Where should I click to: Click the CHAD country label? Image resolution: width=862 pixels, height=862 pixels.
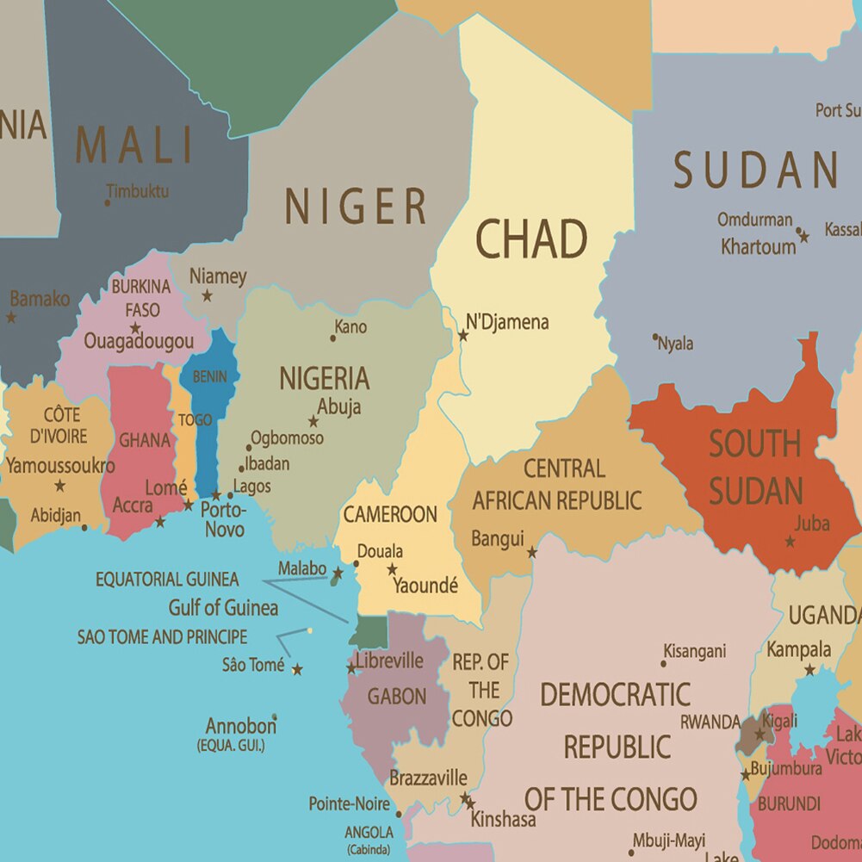click(x=531, y=239)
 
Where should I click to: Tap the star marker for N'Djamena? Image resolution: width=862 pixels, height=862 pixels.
click(x=462, y=335)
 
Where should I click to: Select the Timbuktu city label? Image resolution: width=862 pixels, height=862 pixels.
click(x=138, y=191)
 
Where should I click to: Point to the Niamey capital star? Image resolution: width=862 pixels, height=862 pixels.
click(x=207, y=296)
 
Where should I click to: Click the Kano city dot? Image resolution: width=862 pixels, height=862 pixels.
click(x=333, y=338)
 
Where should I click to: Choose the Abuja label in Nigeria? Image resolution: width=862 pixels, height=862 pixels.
click(x=338, y=406)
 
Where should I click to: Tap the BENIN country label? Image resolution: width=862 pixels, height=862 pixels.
click(x=210, y=377)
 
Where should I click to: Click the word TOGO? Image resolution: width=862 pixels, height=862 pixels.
click(x=195, y=420)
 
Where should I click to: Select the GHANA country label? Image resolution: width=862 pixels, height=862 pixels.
click(x=144, y=440)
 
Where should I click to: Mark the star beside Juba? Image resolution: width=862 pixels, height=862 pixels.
click(x=790, y=542)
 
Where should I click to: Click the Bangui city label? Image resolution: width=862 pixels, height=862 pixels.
click(x=497, y=539)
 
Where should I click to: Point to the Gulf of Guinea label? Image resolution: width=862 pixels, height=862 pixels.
click(x=223, y=608)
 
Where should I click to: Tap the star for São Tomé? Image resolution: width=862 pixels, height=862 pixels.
click(x=297, y=669)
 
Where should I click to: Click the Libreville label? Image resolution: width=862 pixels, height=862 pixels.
click(x=389, y=660)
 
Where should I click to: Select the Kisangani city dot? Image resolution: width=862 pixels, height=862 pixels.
click(x=664, y=663)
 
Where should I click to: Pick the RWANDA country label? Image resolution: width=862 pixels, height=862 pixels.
click(x=710, y=722)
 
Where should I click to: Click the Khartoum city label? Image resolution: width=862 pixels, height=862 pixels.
click(x=758, y=246)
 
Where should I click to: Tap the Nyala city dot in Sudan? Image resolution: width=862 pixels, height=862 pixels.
click(x=655, y=337)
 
